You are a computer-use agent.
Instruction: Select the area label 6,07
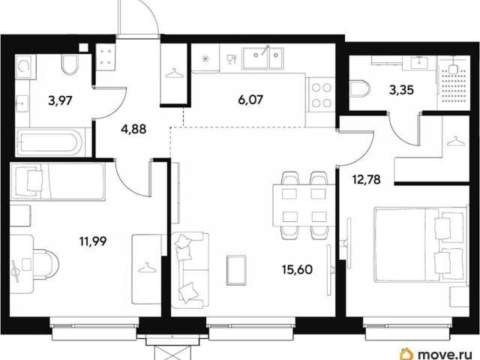coord(250,100)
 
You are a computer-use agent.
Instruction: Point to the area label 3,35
coord(401,90)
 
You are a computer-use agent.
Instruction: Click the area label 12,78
coord(366,179)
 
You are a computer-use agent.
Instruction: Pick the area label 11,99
coord(93,241)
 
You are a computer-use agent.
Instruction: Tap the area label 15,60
coord(297,270)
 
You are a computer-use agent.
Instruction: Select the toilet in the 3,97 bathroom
coord(70,64)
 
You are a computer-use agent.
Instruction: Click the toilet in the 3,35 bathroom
coord(360,89)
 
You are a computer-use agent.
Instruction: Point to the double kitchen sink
coord(263,58)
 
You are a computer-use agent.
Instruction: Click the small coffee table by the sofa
coord(237,271)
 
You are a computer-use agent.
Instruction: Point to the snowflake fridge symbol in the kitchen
coord(205,58)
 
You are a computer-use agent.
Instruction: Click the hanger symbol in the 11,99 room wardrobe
coord(146,268)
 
